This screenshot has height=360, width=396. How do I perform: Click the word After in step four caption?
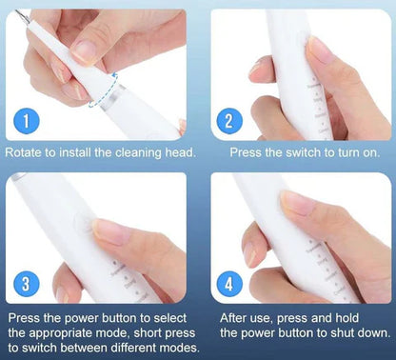pyautogui.click(x=238, y=317)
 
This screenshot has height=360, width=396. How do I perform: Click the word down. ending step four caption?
pyautogui.click(x=371, y=332)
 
